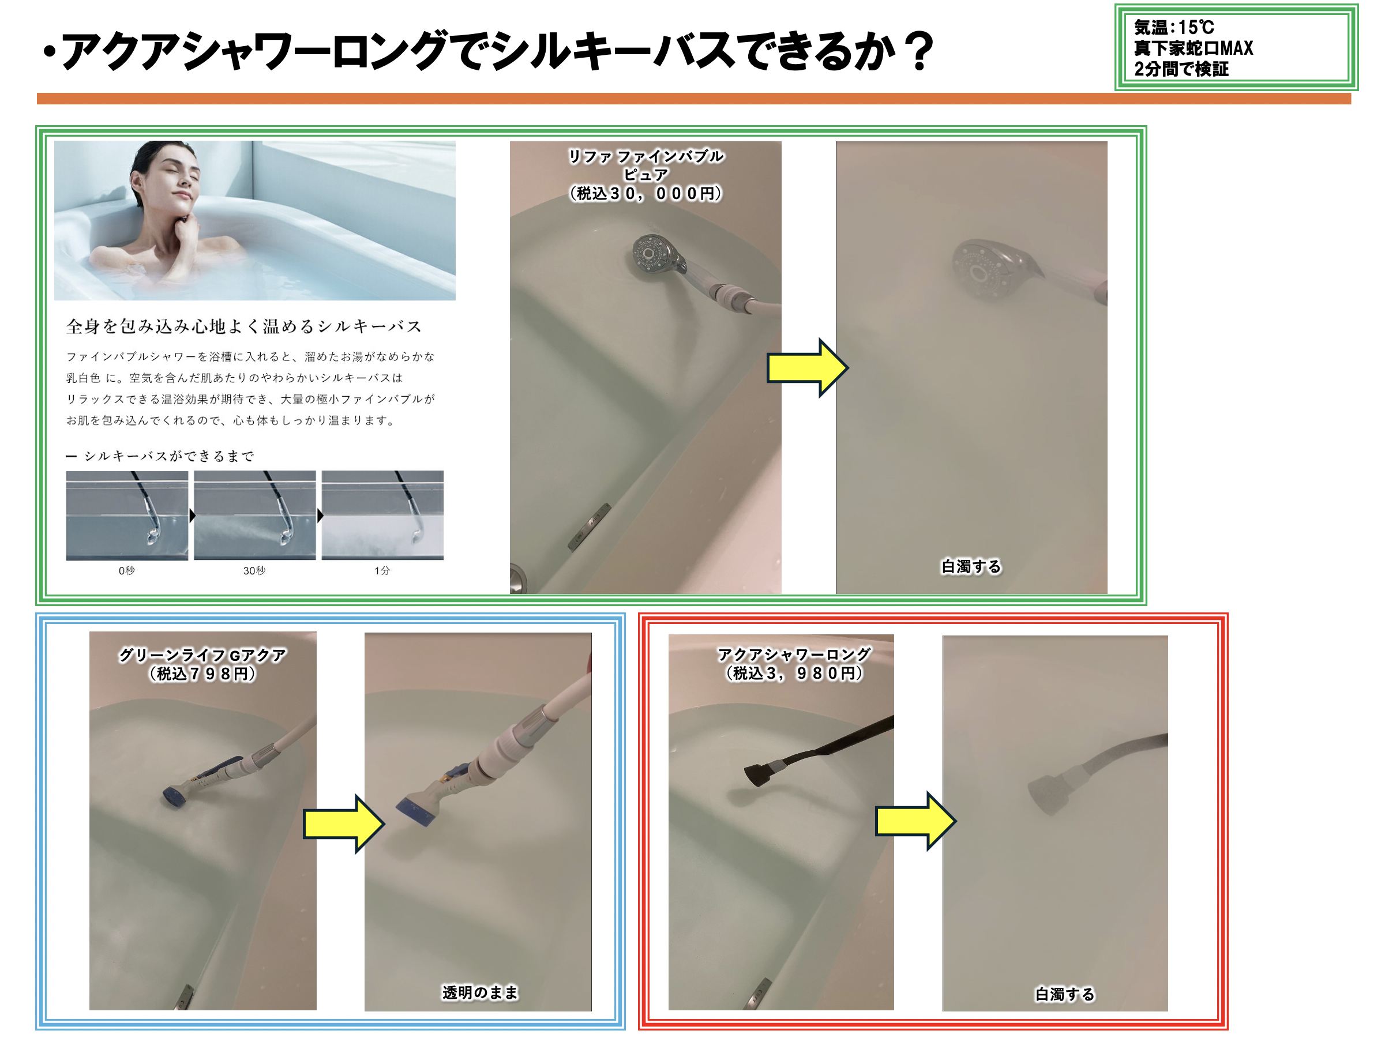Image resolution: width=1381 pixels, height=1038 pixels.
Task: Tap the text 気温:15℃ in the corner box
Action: (1174, 28)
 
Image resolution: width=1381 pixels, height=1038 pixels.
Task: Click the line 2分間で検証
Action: (1181, 69)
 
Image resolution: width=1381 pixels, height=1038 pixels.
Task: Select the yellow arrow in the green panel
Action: (807, 368)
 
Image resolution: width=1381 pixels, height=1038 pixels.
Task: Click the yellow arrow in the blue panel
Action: (343, 823)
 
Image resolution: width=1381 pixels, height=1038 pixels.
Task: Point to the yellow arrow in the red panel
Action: (915, 821)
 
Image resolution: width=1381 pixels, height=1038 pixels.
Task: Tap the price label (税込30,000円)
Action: (646, 194)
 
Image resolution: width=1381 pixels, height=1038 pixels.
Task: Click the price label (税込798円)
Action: (202, 674)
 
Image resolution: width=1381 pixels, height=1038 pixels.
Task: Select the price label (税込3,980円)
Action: (794, 673)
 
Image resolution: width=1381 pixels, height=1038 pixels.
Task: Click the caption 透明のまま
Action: (480, 992)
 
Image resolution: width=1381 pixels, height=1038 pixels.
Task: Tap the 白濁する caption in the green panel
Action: (971, 566)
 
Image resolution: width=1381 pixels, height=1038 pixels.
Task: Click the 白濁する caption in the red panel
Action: (1064, 994)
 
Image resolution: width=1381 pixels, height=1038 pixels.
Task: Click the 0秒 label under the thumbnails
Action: (127, 570)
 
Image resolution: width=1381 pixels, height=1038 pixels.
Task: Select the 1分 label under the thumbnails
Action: (382, 570)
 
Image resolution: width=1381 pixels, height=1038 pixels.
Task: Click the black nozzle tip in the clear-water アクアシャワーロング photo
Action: (759, 774)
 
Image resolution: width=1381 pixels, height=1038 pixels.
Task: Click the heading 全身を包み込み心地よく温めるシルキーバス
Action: (244, 326)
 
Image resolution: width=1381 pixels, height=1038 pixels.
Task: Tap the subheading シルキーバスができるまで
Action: (160, 456)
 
